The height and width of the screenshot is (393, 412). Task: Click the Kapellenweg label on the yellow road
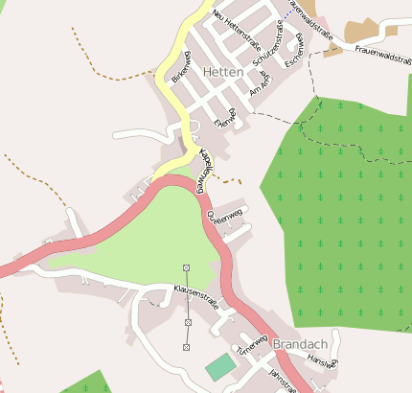[203, 167]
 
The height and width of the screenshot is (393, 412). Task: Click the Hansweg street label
[323, 361]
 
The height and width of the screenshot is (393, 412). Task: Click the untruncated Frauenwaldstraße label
[382, 49]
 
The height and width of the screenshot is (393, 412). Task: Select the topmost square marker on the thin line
[186, 266]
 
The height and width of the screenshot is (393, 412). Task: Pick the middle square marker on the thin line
[187, 323]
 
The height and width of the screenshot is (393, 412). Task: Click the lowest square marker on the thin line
[187, 346]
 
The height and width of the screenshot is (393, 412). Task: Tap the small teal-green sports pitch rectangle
[219, 367]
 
